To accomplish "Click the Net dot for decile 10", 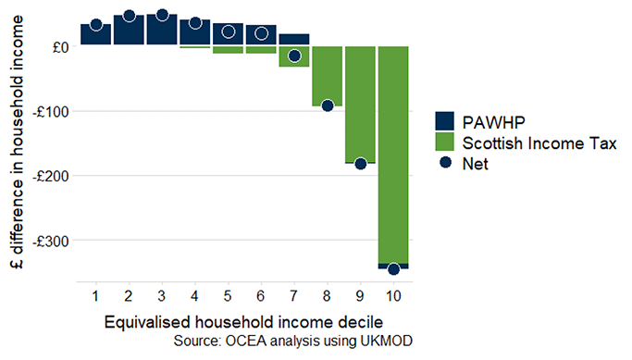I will point(393,269).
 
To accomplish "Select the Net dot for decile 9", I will point(360,164).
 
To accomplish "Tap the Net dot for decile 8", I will point(328,106).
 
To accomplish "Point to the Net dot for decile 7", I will point(294,56).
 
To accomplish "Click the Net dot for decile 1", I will point(96,25).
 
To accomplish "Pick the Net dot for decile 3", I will point(162,15).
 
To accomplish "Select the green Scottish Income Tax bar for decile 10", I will point(393,157).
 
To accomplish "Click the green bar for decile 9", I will point(360,102).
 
